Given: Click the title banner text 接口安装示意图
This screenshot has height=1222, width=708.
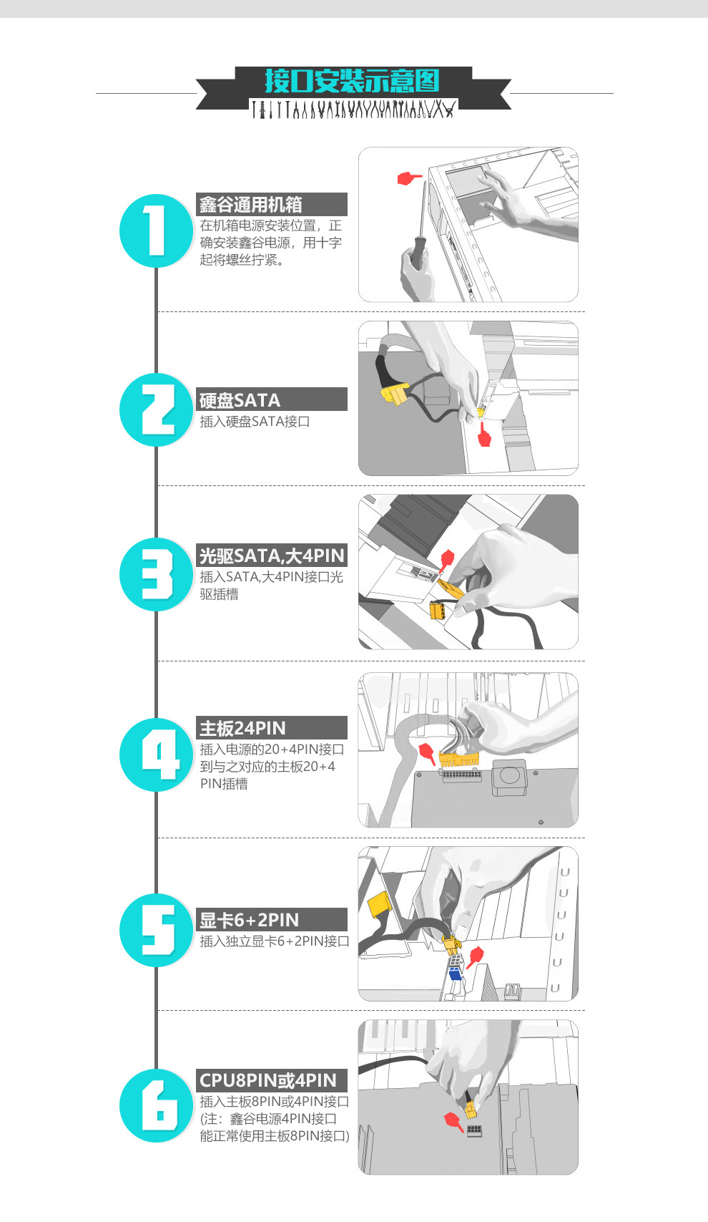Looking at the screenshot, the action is tap(352, 81).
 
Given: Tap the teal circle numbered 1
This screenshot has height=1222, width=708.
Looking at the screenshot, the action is tap(157, 231).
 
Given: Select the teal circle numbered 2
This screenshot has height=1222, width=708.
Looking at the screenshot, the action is tap(157, 409).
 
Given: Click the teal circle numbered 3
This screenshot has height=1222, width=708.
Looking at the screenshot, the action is tap(157, 574).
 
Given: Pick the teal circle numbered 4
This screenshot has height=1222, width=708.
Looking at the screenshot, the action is tap(157, 755).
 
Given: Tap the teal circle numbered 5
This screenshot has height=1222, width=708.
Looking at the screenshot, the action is tap(157, 930).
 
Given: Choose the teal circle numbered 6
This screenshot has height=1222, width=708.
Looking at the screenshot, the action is tap(157, 1105).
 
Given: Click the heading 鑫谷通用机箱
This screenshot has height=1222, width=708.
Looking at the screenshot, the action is tap(250, 205).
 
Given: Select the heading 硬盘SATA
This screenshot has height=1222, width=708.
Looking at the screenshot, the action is tap(240, 400).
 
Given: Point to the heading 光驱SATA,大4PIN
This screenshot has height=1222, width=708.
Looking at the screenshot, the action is tap(272, 556).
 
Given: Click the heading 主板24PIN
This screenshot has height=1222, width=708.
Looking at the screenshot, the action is tap(242, 728).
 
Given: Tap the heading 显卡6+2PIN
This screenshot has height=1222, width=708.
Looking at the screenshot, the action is tap(249, 921).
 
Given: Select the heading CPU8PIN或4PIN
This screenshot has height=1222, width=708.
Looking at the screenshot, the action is tap(268, 1080).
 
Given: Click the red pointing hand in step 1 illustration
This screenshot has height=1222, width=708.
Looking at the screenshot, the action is tap(409, 178).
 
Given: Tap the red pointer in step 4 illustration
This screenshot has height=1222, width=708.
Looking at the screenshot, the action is tap(427, 752).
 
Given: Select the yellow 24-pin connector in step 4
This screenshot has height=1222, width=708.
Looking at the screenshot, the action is tap(459, 759).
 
